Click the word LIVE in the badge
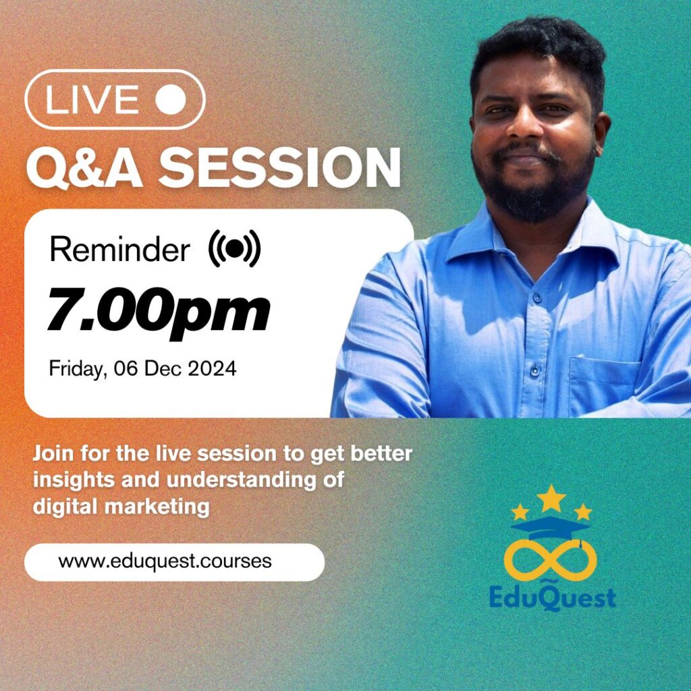92,99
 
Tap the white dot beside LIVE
171,99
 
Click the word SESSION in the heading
279,167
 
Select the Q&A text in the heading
84,168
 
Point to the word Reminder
120,250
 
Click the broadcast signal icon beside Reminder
234,248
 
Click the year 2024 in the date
212,368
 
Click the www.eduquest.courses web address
165,561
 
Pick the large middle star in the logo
551,499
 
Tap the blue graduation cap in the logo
551,528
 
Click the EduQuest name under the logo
553,598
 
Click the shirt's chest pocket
605,385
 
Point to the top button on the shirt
537,298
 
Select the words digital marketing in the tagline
121,506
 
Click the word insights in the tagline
74,480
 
